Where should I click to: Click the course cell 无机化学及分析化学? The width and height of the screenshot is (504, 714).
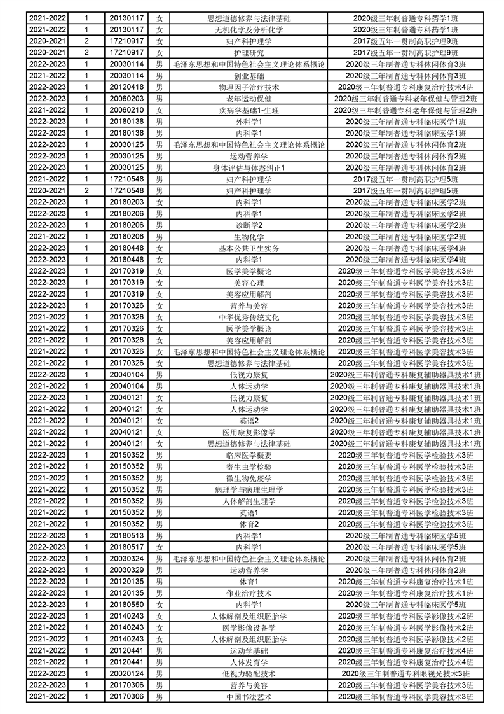tap(249, 30)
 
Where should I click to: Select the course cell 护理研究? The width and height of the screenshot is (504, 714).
tap(249, 53)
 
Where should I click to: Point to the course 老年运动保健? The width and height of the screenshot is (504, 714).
tap(249, 99)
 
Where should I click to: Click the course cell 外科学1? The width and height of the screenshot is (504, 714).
tap(249, 122)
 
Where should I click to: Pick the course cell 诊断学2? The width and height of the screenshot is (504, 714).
tap(249, 225)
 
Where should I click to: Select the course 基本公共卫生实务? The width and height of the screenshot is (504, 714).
tap(249, 248)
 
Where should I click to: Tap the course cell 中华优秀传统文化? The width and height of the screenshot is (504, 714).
tap(249, 317)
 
